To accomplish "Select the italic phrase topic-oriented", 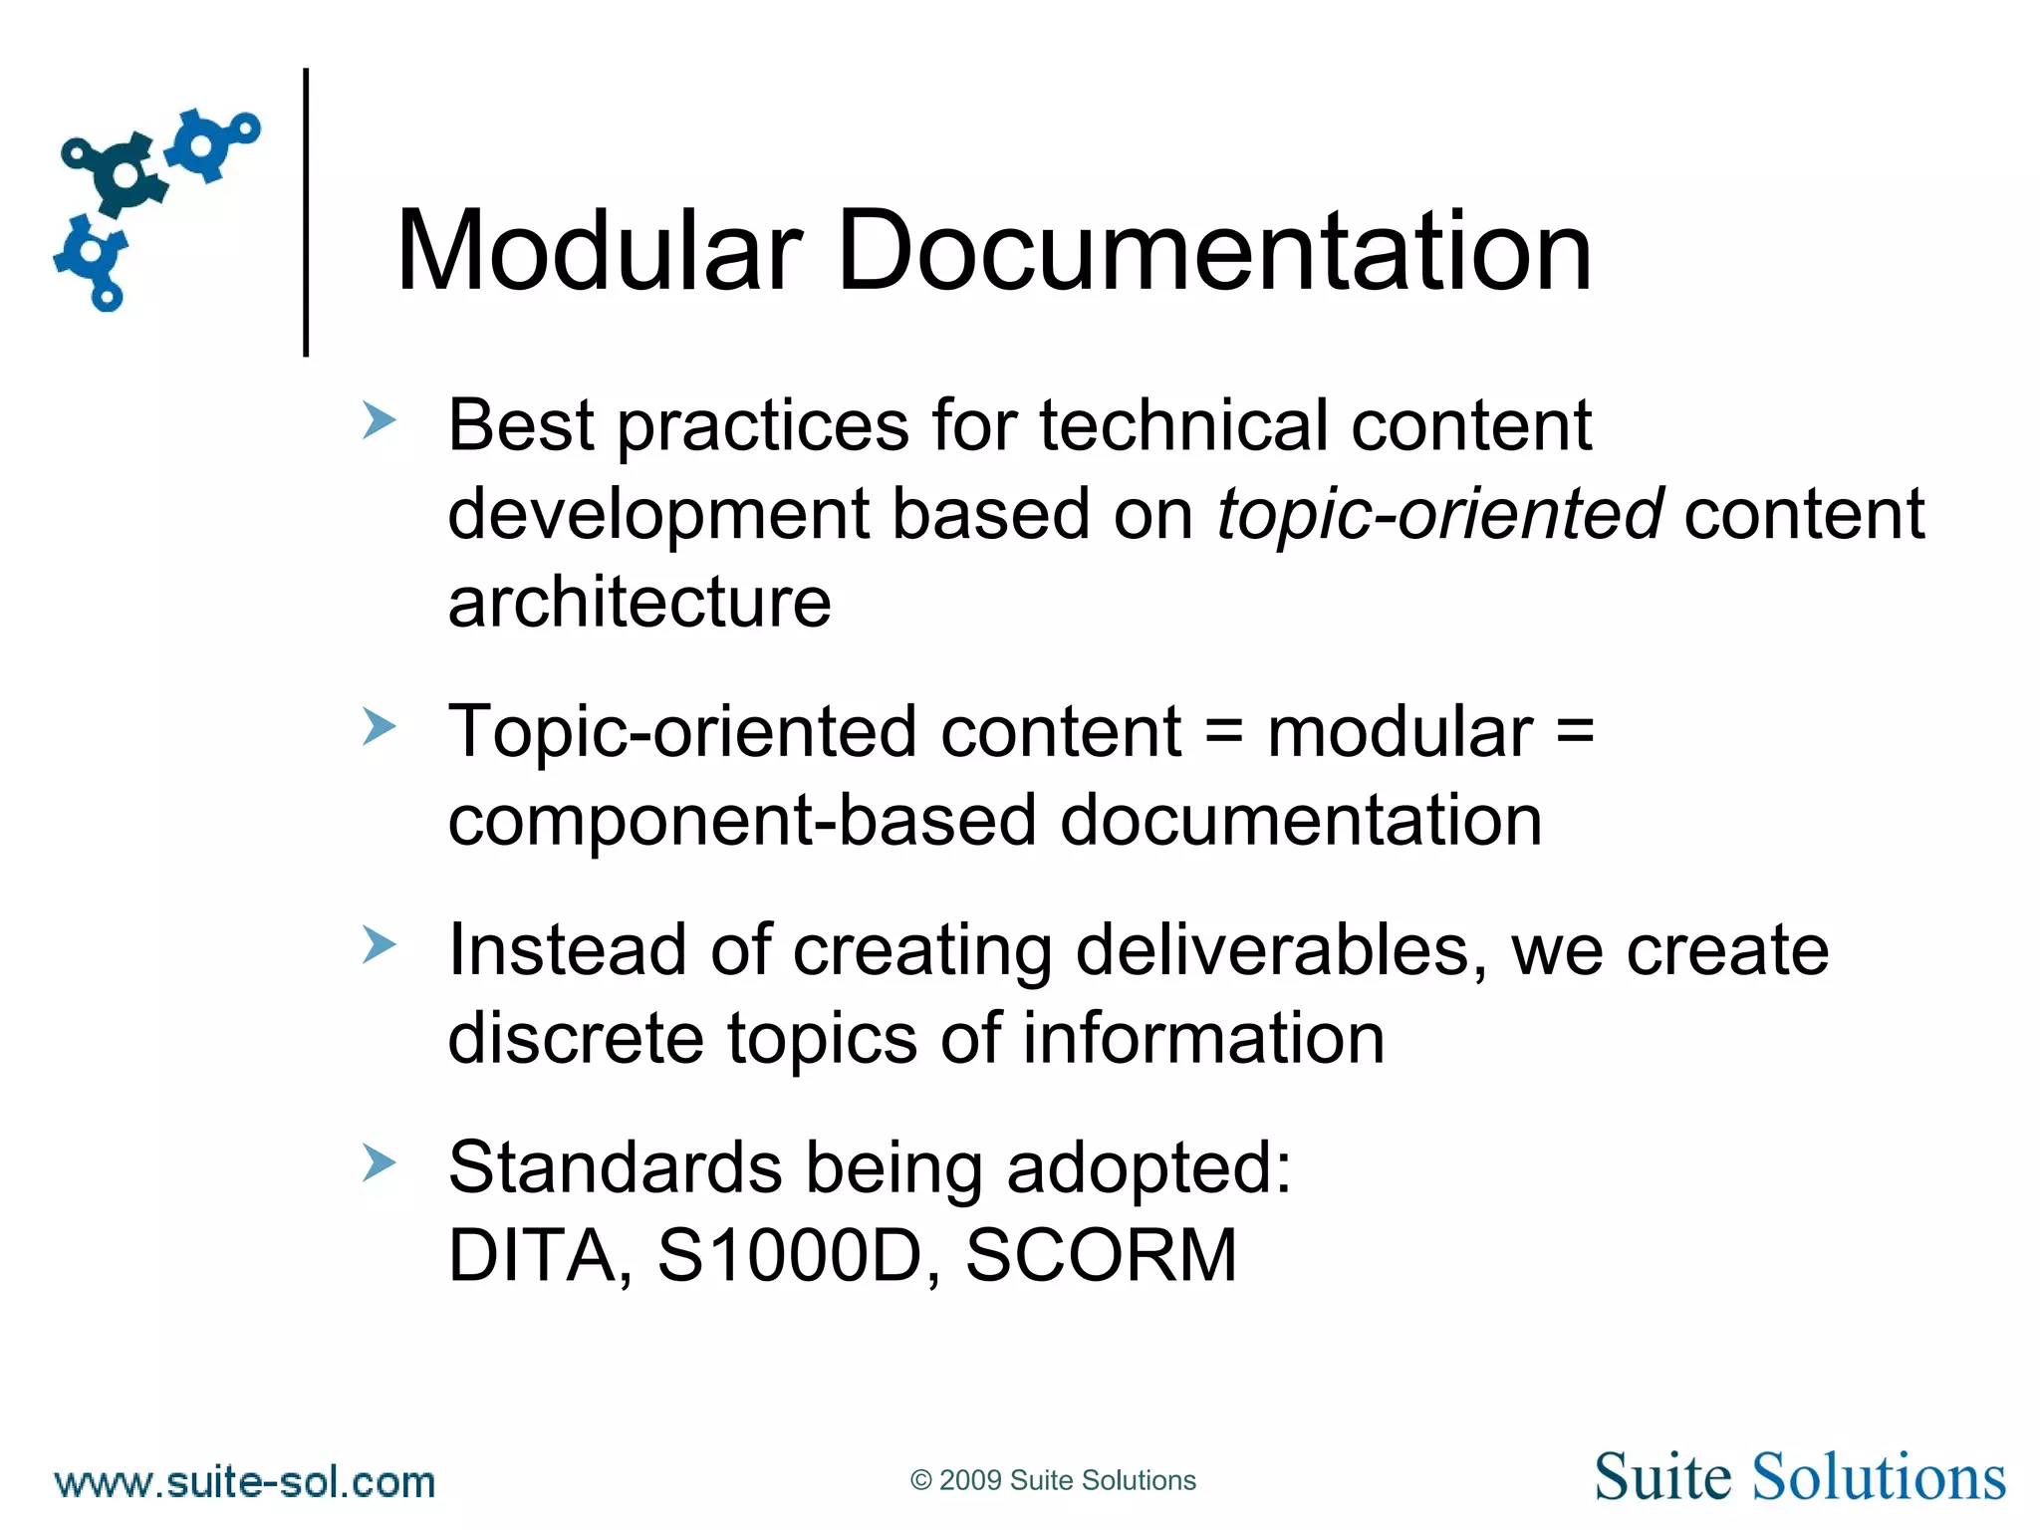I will pyautogui.click(x=1439, y=515).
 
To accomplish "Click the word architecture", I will pyautogui.click(x=639, y=603).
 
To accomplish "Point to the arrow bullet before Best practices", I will pyautogui.click(x=380, y=421).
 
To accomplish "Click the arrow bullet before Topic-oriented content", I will pyautogui.click(x=380, y=727).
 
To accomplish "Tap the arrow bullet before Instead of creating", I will pyautogui.click(x=380, y=945).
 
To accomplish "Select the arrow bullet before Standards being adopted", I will pyautogui.click(x=380, y=1162).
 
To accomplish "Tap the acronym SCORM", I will pyautogui.click(x=1101, y=1255).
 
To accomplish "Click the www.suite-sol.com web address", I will pyautogui.click(x=245, y=1482).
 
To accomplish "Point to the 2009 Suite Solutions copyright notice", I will pyautogui.click(x=1053, y=1480).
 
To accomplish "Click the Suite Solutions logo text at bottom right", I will pyautogui.click(x=1800, y=1476).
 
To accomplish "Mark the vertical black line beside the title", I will pyautogui.click(x=306, y=212).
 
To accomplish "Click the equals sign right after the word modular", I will pyautogui.click(x=1575, y=733).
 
